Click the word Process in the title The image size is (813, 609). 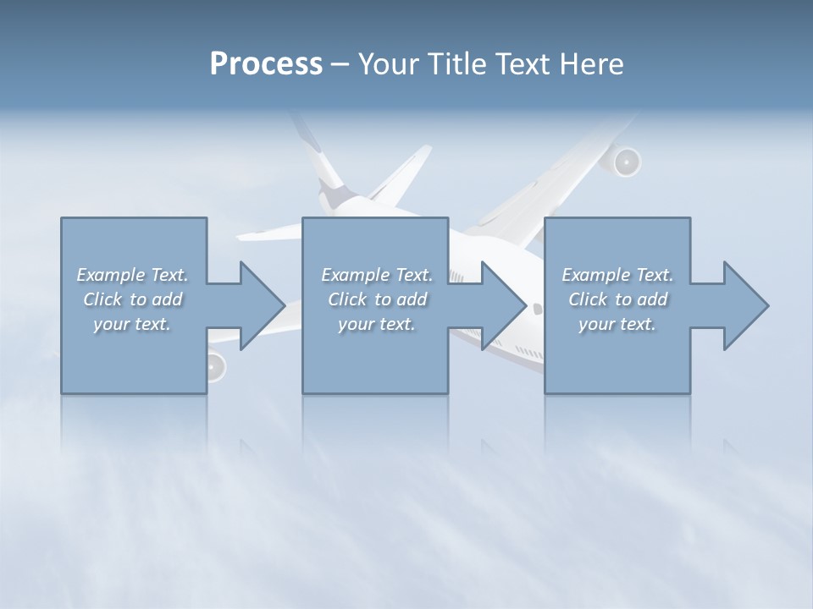[266, 63]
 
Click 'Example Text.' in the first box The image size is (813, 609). [132, 275]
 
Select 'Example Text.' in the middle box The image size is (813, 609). [377, 275]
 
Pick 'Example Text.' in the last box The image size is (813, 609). [617, 275]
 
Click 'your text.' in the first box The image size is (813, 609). [132, 324]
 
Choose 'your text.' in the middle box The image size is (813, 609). [377, 324]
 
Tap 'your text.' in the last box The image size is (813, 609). [617, 324]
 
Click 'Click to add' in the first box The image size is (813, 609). [132, 299]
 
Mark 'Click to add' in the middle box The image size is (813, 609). [377, 299]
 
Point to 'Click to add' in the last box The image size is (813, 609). [617, 299]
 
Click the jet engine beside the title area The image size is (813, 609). [626, 162]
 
